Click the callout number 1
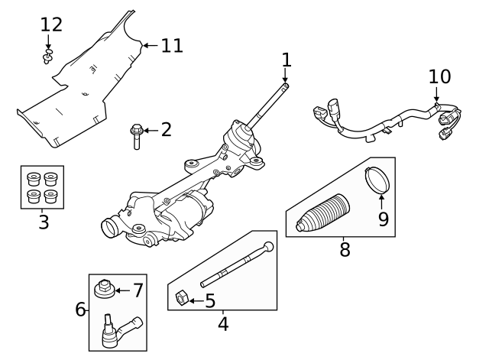[287, 60]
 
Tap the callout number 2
[166, 129]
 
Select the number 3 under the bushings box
[43, 222]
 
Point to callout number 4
[223, 323]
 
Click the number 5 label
[209, 301]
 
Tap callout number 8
[345, 249]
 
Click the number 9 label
[383, 219]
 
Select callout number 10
[440, 76]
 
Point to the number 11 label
[172, 46]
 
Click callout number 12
[51, 24]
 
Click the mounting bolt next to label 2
[136, 137]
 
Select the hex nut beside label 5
[182, 297]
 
